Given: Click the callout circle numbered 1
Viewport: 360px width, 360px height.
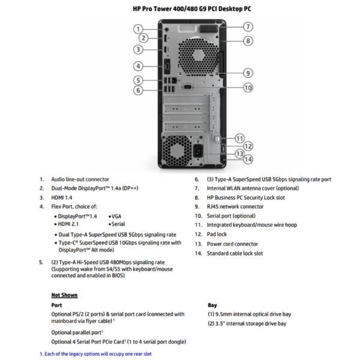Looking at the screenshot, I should click(x=138, y=28).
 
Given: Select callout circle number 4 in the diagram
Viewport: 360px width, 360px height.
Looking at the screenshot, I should click(x=138, y=66).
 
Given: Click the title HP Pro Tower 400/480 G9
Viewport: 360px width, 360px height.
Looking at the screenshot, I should click(x=179, y=8).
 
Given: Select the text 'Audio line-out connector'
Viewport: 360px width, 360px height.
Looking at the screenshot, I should click(x=80, y=179).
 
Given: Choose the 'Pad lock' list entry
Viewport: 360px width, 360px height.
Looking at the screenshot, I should click(x=217, y=234).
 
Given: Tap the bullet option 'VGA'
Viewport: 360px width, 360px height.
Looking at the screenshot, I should click(x=118, y=215).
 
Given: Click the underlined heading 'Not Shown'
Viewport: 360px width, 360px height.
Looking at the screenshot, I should click(x=64, y=295).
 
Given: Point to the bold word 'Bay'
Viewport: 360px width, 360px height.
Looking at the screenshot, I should click(x=212, y=304).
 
